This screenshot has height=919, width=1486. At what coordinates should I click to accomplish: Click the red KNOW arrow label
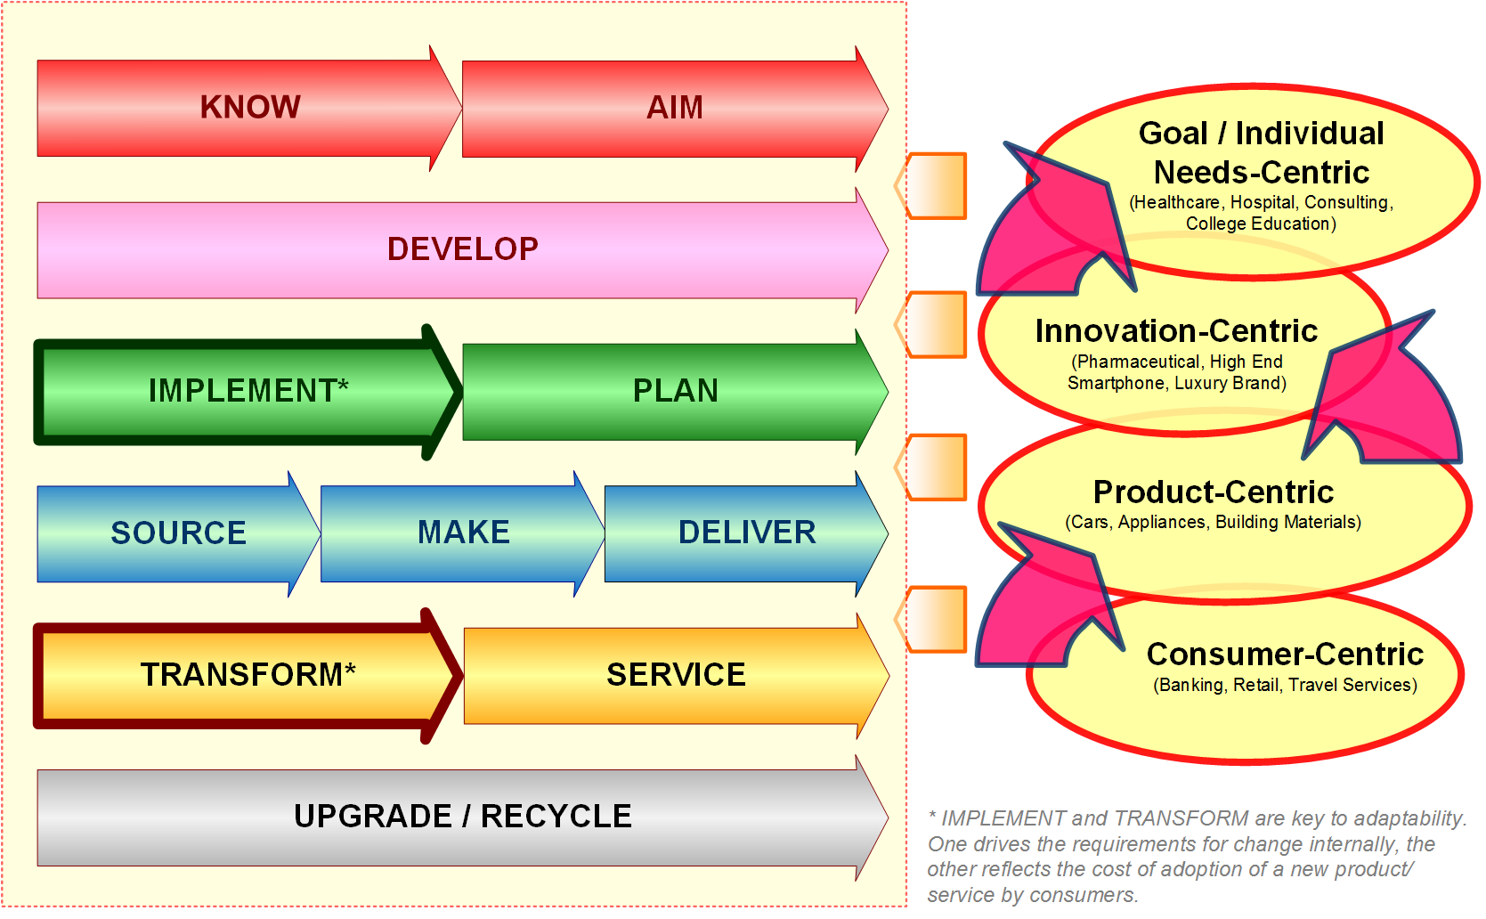[250, 107]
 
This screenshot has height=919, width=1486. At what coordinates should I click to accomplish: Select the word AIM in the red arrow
[675, 108]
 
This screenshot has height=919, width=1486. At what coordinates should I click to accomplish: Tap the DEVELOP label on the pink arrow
[462, 248]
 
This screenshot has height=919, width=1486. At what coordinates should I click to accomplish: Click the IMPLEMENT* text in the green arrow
[248, 390]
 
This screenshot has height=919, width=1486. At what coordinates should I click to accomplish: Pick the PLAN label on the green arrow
[676, 390]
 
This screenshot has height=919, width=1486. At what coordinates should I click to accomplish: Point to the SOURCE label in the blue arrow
[178, 533]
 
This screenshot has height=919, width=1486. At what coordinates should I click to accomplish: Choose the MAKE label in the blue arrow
[464, 533]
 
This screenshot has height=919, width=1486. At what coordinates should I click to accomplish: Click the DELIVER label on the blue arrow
[747, 533]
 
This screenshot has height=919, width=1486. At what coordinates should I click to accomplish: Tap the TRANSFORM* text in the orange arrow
[248, 674]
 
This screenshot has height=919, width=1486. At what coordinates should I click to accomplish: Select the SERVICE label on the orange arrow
[676, 674]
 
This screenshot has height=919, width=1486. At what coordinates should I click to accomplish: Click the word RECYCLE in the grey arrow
[556, 817]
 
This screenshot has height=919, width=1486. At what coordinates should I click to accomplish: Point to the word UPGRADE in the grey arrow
[373, 817]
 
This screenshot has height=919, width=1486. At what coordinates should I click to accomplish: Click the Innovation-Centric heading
[1176, 330]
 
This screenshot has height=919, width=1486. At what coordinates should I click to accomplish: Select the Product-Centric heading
[1214, 492]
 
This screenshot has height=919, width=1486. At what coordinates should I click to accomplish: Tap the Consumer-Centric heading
[1285, 654]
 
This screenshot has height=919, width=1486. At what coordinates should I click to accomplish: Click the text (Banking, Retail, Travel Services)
[1285, 685]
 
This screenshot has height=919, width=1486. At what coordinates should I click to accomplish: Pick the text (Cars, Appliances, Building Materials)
[1214, 522]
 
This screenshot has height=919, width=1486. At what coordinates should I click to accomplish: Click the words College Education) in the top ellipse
[1261, 224]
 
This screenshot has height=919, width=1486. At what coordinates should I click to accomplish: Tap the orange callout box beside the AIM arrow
[930, 186]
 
